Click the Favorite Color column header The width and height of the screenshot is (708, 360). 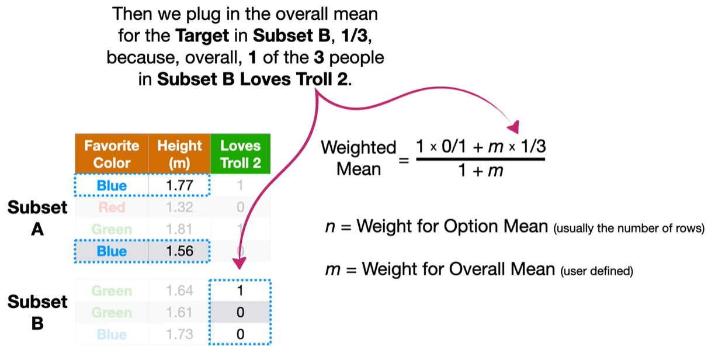(x=112, y=154)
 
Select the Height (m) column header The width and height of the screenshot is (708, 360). (x=179, y=154)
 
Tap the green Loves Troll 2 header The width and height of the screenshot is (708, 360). (x=241, y=154)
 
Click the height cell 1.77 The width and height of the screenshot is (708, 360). (x=179, y=186)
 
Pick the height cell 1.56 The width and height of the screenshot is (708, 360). (x=179, y=251)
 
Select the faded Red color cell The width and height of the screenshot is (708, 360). (x=112, y=207)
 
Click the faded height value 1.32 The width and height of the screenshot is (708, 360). (x=179, y=207)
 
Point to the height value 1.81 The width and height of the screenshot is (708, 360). (x=179, y=229)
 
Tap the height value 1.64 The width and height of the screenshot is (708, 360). (x=179, y=290)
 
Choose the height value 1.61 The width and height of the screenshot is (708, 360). (x=179, y=313)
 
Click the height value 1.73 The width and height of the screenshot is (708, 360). (x=179, y=334)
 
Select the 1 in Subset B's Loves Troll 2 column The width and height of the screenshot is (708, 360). (x=241, y=290)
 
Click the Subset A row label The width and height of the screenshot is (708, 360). (x=37, y=218)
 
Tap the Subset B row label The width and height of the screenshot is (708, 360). (x=37, y=312)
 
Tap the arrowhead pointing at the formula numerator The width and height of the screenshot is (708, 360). (x=513, y=127)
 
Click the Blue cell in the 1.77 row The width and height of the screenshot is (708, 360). (x=112, y=186)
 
